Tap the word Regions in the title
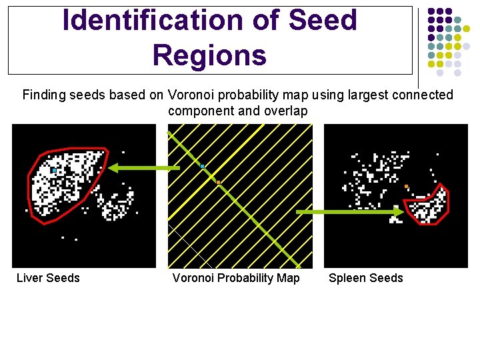click(209, 55)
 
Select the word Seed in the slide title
click(323, 21)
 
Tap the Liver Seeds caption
click(48, 278)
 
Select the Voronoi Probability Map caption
click(236, 278)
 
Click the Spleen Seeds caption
click(366, 278)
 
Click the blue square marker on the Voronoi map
click(202, 166)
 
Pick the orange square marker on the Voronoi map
click(218, 182)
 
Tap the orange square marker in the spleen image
click(406, 186)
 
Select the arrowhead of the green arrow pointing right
click(397, 212)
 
